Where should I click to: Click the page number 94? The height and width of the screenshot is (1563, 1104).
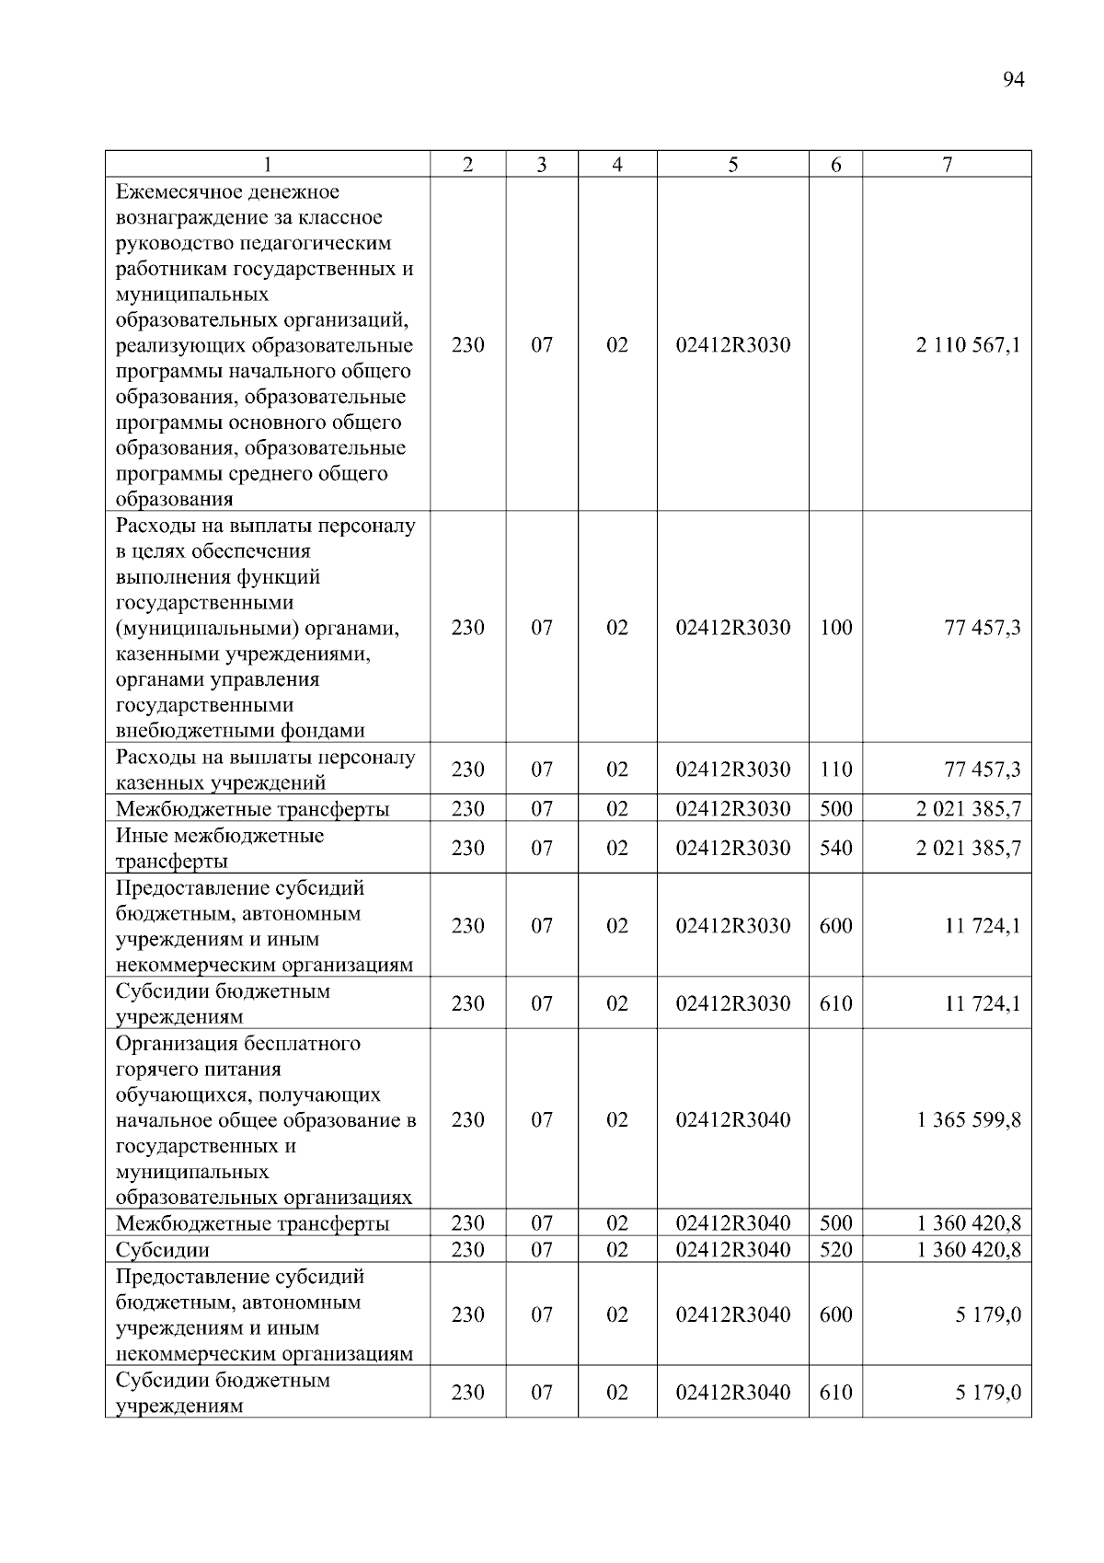click(x=1012, y=80)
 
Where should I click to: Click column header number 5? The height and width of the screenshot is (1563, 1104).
click(x=732, y=165)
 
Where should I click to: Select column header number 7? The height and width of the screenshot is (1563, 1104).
click(x=947, y=165)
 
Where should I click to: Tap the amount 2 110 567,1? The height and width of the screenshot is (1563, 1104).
click(x=968, y=345)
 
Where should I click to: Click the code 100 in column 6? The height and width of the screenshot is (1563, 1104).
click(x=835, y=628)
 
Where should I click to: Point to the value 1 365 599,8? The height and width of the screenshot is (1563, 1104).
click(x=968, y=1120)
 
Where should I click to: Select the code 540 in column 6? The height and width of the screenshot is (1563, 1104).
click(x=835, y=848)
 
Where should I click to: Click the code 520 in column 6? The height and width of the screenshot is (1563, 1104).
click(x=835, y=1250)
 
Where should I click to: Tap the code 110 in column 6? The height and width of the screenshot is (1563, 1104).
click(x=835, y=770)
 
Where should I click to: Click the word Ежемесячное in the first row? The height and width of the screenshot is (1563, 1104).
click(x=175, y=191)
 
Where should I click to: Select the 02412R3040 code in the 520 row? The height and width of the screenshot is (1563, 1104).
click(x=732, y=1250)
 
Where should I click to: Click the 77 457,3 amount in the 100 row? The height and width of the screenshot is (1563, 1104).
click(x=982, y=628)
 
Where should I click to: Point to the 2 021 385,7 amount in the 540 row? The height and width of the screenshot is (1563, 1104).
click(x=968, y=848)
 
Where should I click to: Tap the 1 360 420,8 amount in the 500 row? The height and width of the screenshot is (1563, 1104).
click(x=968, y=1223)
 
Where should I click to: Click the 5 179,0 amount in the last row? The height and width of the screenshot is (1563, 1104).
click(x=987, y=1393)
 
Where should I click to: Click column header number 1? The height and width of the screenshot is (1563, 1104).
click(x=267, y=165)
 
